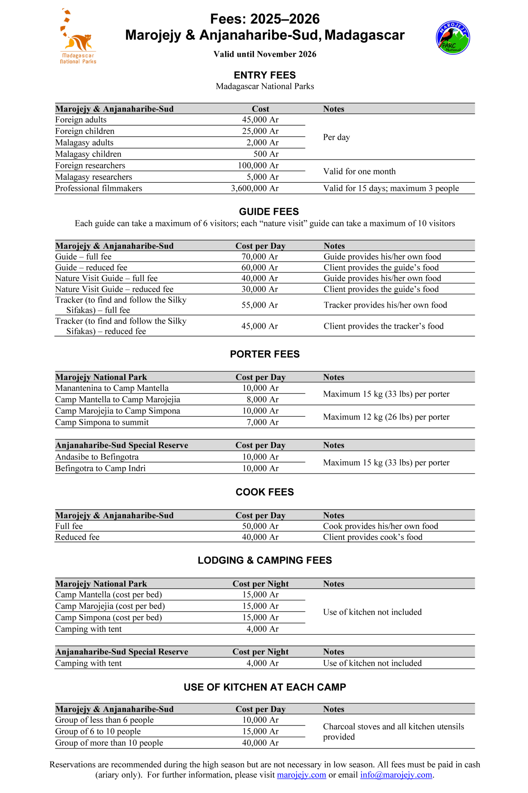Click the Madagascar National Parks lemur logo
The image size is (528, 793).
(77, 37)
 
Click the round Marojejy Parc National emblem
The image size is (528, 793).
(453, 37)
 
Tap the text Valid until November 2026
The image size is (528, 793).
(265, 54)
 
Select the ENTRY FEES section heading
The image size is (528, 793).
(265, 75)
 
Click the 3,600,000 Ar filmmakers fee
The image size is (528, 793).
(255, 188)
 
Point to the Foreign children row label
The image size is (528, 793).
(85, 131)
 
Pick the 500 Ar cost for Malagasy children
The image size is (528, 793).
(266, 154)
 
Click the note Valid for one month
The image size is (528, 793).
(359, 171)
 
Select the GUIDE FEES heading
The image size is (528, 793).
(269, 211)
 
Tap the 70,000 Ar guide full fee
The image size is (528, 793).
(259, 256)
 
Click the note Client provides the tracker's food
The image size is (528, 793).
(384, 326)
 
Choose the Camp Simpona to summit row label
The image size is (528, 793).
(102, 422)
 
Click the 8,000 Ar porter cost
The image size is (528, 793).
(262, 399)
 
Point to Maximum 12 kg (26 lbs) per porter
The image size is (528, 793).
(386, 417)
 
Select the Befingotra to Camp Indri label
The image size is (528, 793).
(100, 468)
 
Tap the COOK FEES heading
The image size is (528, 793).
(265, 492)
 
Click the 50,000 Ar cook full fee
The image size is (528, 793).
(260, 526)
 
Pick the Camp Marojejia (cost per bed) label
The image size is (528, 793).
(110, 606)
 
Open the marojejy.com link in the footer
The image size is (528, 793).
(301, 775)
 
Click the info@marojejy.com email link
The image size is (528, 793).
(396, 775)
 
